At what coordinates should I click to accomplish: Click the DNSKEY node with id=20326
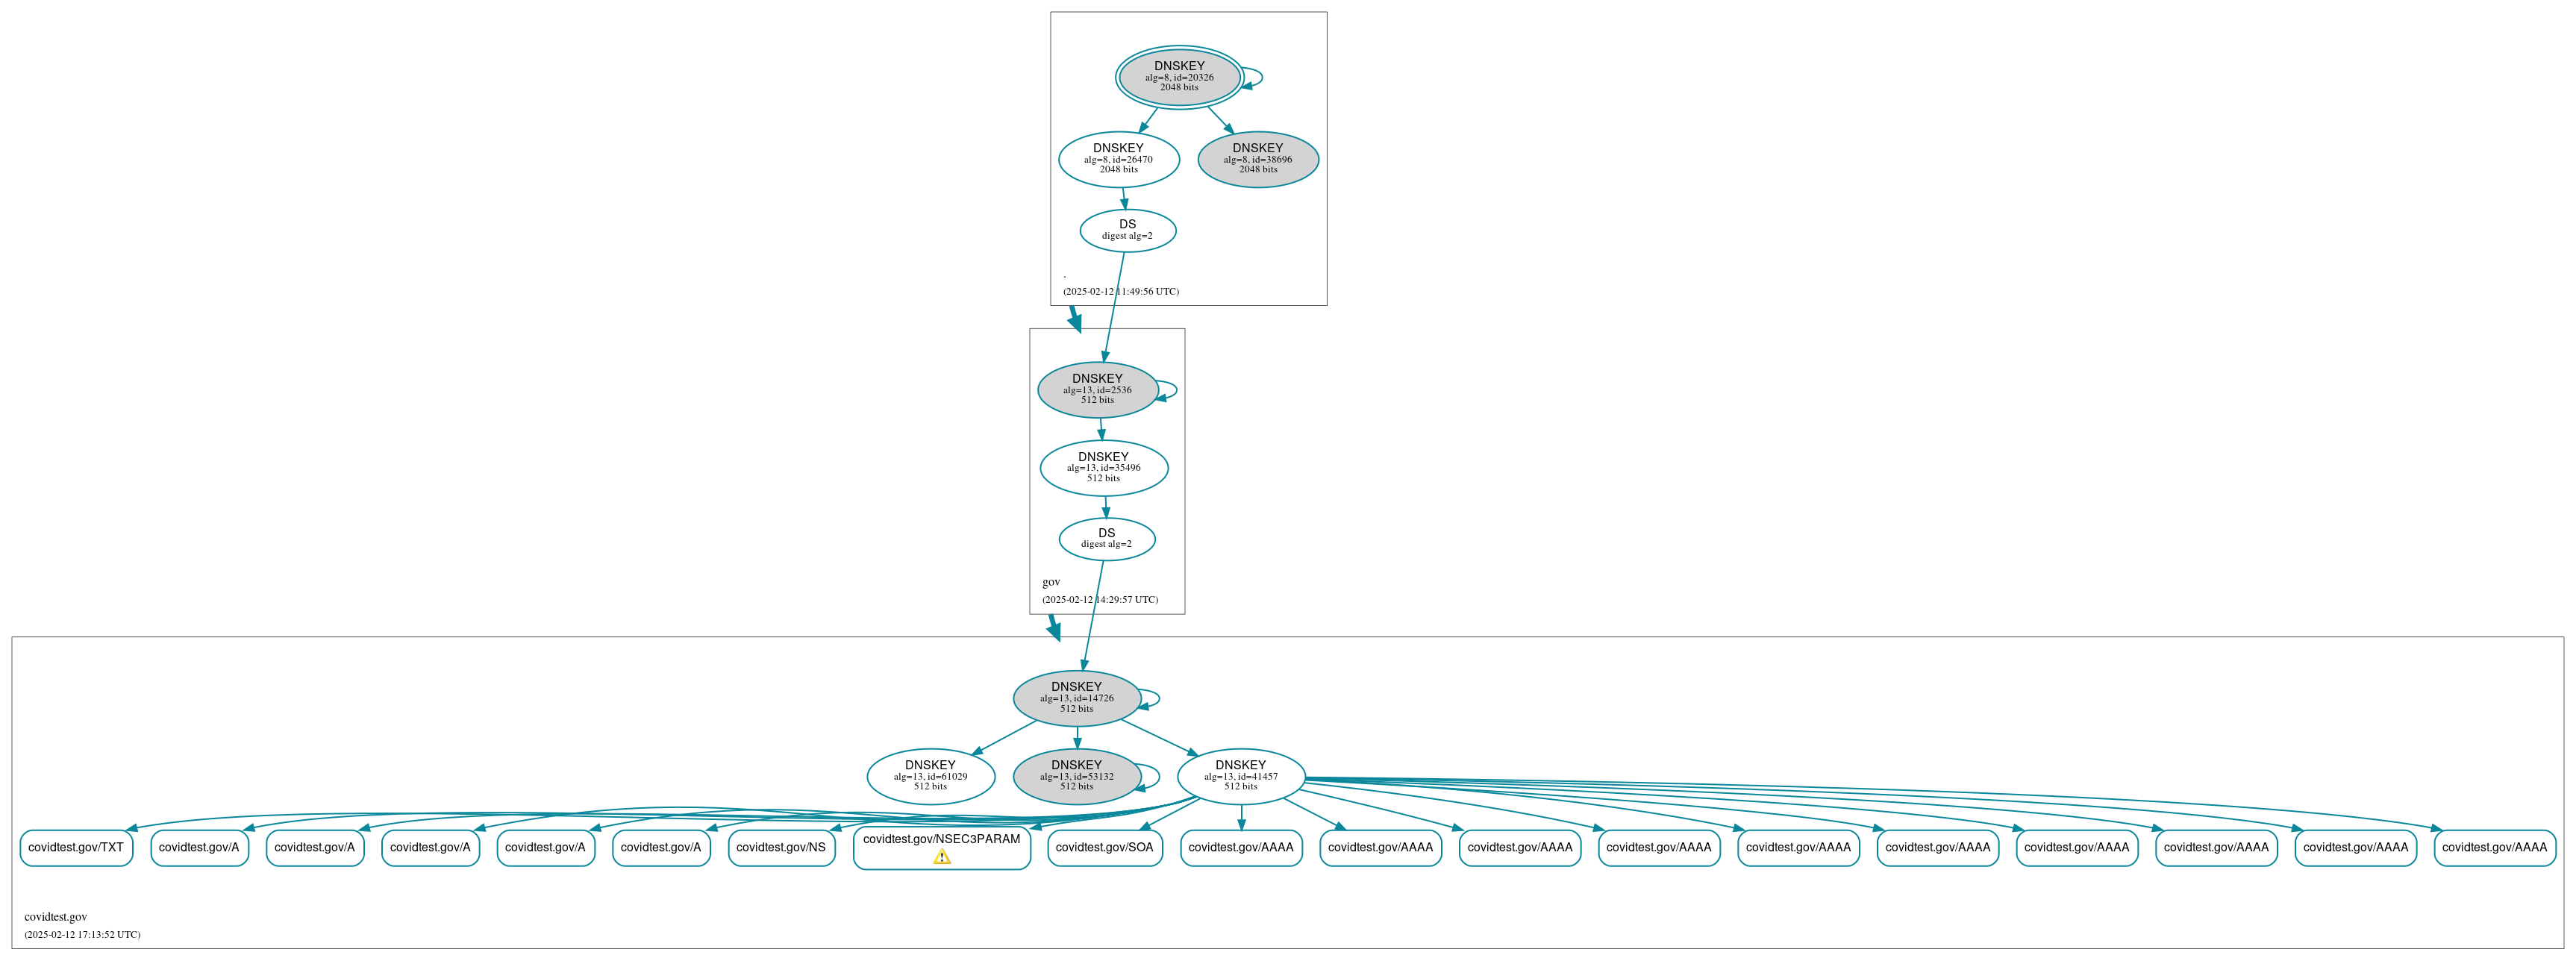[x=1179, y=77]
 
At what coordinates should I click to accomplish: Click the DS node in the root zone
[x=1127, y=230]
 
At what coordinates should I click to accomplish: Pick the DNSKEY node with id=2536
[x=1097, y=389]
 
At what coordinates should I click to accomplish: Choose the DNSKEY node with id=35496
[x=1103, y=467]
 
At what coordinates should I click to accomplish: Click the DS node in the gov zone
[x=1106, y=538]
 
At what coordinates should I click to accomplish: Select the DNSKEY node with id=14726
[x=1076, y=697]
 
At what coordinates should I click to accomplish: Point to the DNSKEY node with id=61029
[x=930, y=775]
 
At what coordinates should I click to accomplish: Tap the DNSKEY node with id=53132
[x=1076, y=775]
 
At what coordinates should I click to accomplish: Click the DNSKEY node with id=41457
[x=1240, y=775]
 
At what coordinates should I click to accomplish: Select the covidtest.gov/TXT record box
[x=76, y=847]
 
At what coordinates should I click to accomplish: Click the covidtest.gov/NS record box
[x=781, y=847]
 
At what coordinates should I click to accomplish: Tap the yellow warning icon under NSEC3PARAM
[x=942, y=857]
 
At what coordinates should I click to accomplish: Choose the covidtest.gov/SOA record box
[x=1104, y=847]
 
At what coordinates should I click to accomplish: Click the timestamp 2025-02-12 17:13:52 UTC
[x=82, y=934]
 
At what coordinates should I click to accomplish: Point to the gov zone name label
[x=1051, y=582]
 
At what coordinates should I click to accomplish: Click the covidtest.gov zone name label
[x=56, y=916]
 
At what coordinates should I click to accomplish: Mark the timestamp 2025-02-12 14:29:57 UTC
[x=1100, y=600]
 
